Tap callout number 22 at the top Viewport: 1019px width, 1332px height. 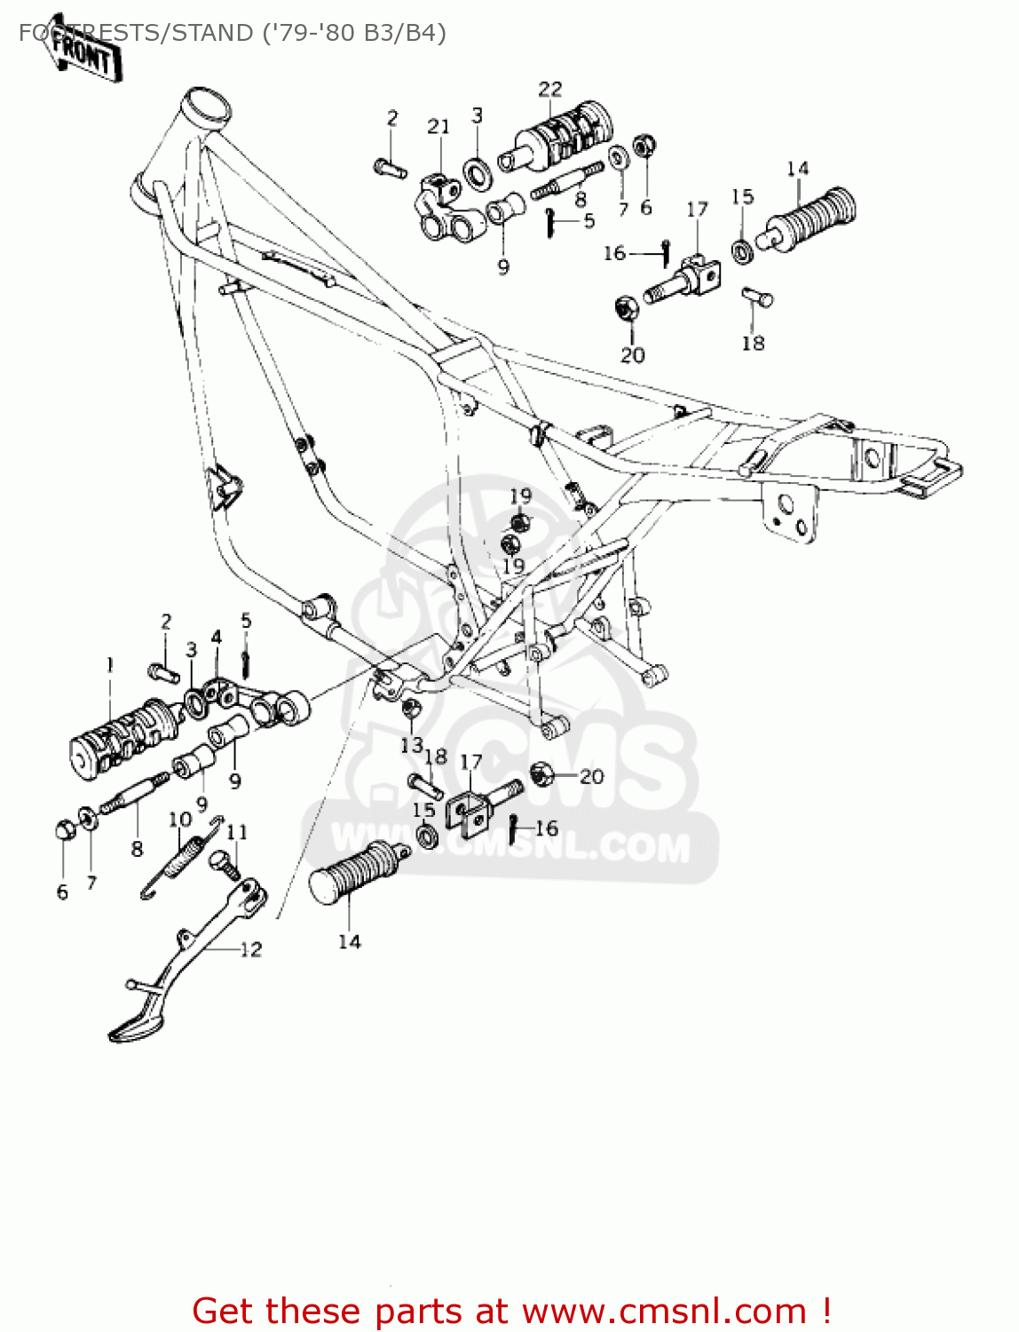click(550, 90)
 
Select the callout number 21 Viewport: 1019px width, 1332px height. click(438, 127)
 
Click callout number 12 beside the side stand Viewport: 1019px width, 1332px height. click(251, 949)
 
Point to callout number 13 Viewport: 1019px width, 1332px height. click(411, 744)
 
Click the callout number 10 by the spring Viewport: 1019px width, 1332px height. click(180, 819)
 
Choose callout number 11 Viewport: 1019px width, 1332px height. click(237, 832)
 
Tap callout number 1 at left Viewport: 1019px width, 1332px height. click(110, 664)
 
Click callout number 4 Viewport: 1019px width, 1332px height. click(217, 637)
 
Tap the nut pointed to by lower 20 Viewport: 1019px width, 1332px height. click(540, 773)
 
